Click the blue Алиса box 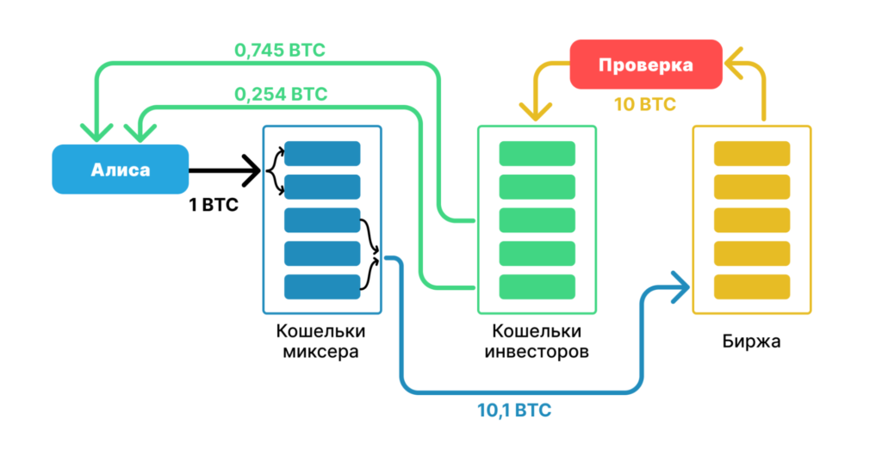(x=120, y=169)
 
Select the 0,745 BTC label (x=279, y=51)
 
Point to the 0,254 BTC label (x=281, y=93)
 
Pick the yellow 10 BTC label (x=644, y=105)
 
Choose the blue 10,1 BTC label (x=514, y=410)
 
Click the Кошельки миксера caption (x=320, y=342)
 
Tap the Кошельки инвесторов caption (x=536, y=342)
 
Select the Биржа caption (x=751, y=342)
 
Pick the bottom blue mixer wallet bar (x=322, y=286)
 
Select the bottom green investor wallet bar (x=537, y=286)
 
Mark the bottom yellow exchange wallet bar (x=752, y=286)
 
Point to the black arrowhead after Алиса (x=253, y=169)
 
